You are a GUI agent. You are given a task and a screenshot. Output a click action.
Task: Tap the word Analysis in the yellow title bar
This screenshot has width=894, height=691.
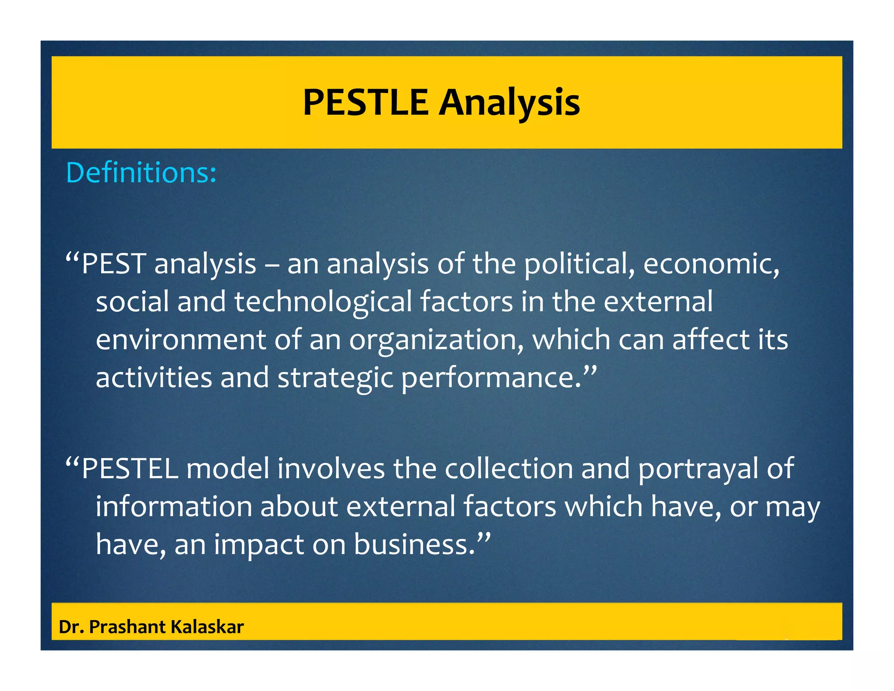point(509,103)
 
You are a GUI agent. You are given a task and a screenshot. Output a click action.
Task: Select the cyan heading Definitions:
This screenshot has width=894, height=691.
point(141,173)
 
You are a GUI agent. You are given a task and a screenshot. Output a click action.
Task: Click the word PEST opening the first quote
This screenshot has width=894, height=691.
point(113,264)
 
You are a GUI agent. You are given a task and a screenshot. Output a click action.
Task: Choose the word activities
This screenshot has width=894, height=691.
point(154,377)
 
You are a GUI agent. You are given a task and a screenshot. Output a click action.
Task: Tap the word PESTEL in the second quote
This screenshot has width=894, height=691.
point(130,468)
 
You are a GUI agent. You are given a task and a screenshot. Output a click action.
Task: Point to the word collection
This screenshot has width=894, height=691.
point(509,468)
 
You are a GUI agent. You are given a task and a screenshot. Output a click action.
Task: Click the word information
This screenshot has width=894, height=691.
point(174,506)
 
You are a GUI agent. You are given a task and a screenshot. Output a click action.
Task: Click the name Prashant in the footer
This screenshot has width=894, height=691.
point(127,627)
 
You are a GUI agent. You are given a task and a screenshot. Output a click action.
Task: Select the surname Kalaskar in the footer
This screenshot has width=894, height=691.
point(207,627)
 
